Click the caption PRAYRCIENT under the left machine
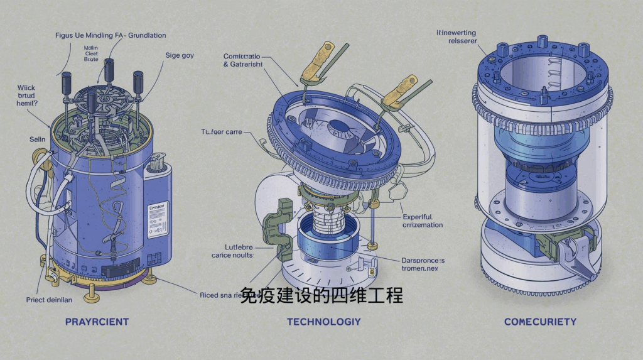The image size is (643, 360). [x=97, y=322]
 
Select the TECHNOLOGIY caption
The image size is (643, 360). [x=323, y=322]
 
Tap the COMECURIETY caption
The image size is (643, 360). [x=540, y=322]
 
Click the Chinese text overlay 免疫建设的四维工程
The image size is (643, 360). [x=321, y=296]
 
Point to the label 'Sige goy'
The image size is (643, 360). [x=180, y=55]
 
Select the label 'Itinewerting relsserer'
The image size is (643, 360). [x=457, y=36]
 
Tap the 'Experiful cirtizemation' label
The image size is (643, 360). [x=422, y=221]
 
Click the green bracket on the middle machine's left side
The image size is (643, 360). [x=276, y=227]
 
